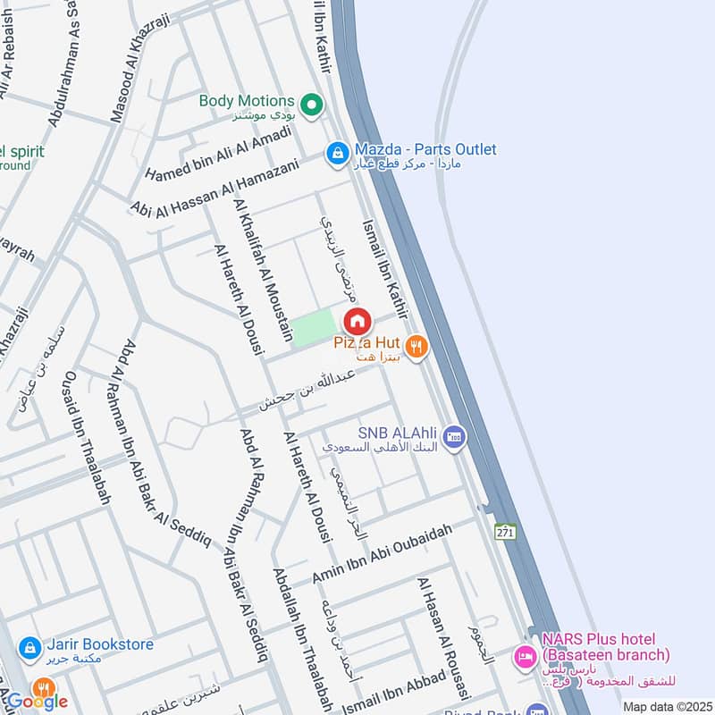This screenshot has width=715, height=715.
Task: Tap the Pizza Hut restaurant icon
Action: (x=415, y=345)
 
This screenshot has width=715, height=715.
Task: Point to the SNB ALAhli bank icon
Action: (x=455, y=436)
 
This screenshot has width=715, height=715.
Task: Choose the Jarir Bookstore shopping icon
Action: (x=29, y=645)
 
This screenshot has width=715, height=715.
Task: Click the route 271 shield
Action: (x=507, y=531)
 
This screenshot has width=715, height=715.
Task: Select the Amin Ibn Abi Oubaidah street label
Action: (x=383, y=553)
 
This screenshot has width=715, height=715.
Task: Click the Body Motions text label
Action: (x=247, y=101)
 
